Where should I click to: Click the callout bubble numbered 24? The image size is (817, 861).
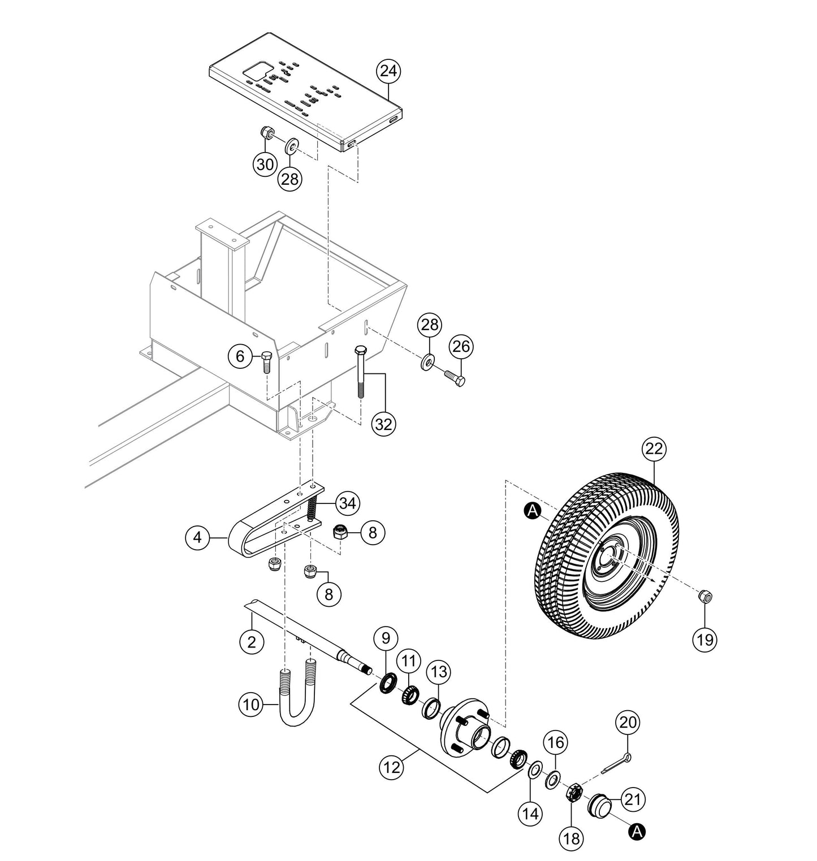click(x=389, y=71)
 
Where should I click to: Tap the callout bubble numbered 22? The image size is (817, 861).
click(x=654, y=449)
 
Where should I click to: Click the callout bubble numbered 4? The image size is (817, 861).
click(x=197, y=537)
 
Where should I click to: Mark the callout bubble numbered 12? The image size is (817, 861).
click(x=392, y=767)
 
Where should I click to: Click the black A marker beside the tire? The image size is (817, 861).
click(x=531, y=511)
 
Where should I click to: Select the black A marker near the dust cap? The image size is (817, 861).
click(x=637, y=831)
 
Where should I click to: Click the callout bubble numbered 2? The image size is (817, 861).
click(x=252, y=641)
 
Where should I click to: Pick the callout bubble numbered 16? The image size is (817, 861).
click(x=556, y=742)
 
